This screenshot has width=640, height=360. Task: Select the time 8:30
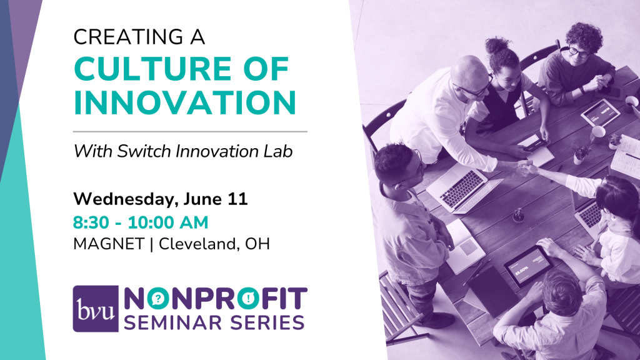[x=91, y=222]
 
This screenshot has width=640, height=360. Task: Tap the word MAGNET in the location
[x=109, y=244]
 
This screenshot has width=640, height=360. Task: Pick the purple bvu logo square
[x=96, y=309]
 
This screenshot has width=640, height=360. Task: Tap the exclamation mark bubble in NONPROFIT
[x=248, y=299]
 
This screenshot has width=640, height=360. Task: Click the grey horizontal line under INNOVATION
[x=190, y=132]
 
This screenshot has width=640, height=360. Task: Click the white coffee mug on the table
[x=597, y=134]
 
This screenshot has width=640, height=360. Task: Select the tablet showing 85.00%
[x=528, y=265]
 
